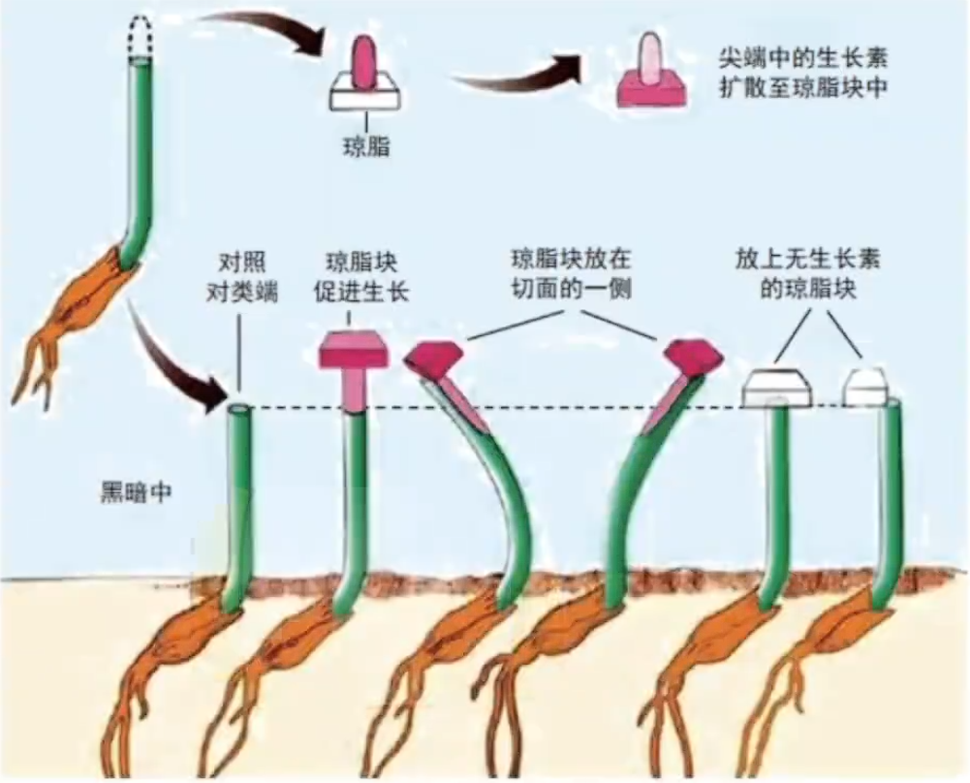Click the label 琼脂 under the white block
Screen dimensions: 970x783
point(366,146)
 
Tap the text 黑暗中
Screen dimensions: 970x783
point(136,492)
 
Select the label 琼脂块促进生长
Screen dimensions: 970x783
point(361,276)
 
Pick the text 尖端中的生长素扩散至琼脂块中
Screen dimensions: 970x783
point(803,73)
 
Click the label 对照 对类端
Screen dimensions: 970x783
point(242,276)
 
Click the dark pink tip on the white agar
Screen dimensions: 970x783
point(363,62)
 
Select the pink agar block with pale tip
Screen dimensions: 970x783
point(651,73)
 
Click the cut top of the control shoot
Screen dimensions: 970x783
point(239,409)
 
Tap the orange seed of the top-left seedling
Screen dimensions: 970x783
point(100,292)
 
